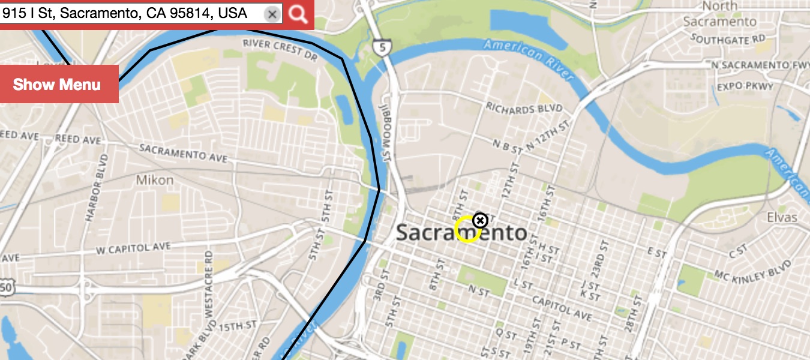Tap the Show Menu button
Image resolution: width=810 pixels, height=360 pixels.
pyautogui.click(x=57, y=84)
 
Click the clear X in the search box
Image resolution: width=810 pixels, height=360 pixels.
pyautogui.click(x=272, y=14)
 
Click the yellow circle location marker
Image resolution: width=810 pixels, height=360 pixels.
pyautogui.click(x=467, y=230)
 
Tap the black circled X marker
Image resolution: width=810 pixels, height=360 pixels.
pyautogui.click(x=480, y=221)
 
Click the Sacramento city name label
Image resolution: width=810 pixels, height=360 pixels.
pyautogui.click(x=461, y=233)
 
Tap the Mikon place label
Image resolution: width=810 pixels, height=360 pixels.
pyautogui.click(x=154, y=180)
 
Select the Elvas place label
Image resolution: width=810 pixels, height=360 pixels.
pyautogui.click(x=782, y=217)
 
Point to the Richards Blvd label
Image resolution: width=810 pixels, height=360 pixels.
pyautogui.click(x=524, y=108)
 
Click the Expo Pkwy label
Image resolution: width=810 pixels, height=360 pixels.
pyautogui.click(x=745, y=86)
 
